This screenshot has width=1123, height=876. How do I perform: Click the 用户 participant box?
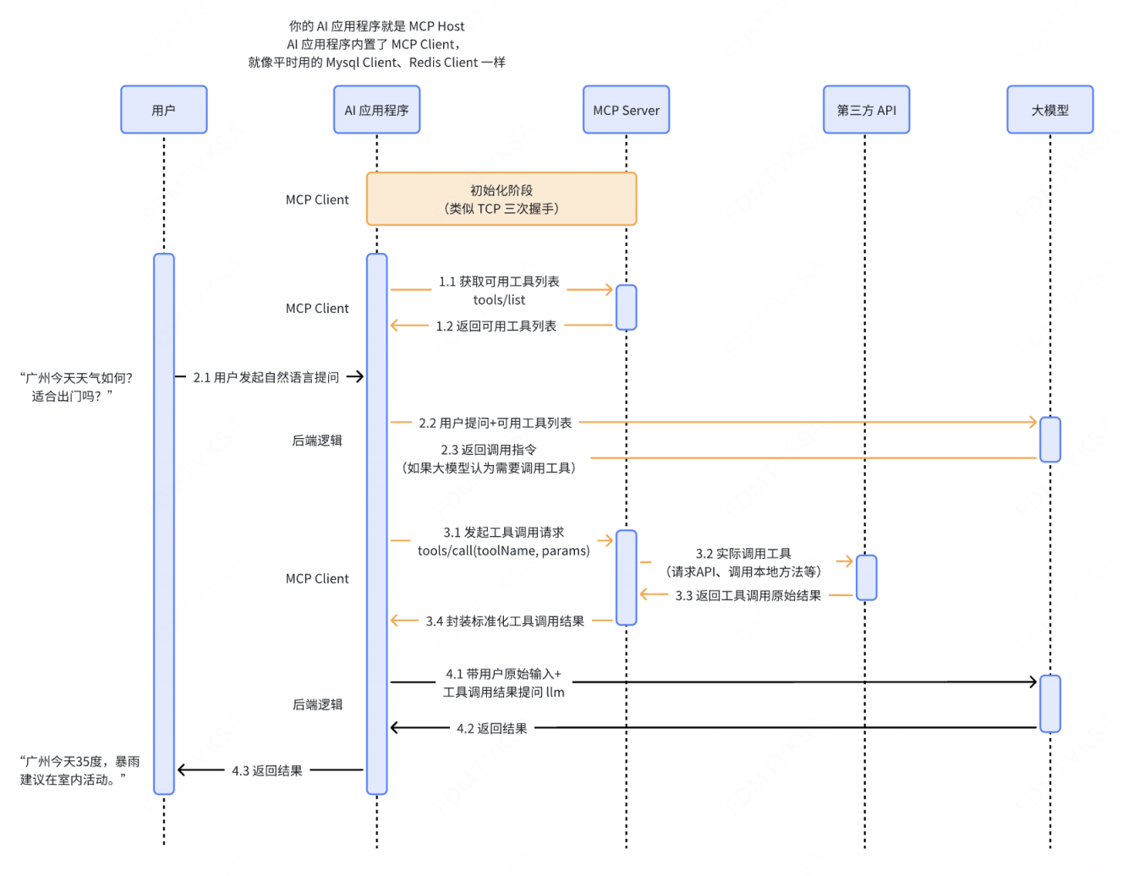(x=163, y=110)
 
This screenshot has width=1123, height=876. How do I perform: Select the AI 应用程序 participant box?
(x=376, y=110)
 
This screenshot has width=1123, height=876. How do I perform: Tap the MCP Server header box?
(x=626, y=110)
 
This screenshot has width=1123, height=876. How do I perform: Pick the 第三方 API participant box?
(x=866, y=110)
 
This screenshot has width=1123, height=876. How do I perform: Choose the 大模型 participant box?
(x=1049, y=110)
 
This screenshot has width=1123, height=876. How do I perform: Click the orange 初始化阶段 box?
(x=501, y=200)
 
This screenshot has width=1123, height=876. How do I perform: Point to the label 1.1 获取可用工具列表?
(x=499, y=282)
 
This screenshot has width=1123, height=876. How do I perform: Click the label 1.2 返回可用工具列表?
(x=496, y=326)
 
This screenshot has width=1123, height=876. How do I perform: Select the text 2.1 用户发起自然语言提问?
(x=266, y=377)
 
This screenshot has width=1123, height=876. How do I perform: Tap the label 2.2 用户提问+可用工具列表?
(x=496, y=423)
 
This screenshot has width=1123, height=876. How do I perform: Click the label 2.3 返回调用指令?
(x=489, y=450)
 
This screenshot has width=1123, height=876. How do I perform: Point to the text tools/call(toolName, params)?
(x=504, y=551)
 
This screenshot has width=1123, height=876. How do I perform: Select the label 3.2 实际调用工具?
(x=743, y=554)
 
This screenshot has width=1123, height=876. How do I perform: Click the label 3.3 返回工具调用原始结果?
(x=748, y=596)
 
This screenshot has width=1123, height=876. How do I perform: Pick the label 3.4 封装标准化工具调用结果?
(x=505, y=621)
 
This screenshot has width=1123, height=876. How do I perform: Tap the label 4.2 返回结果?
(x=491, y=728)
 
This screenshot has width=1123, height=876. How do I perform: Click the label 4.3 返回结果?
(x=267, y=771)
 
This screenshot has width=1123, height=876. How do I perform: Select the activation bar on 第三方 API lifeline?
(x=866, y=578)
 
